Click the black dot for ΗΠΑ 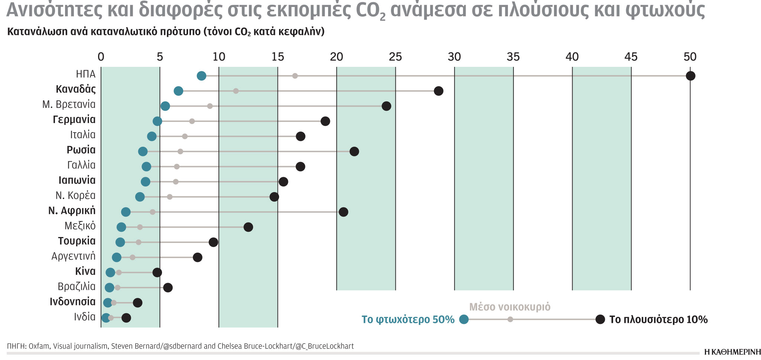click(690, 76)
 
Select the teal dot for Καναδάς click(178, 91)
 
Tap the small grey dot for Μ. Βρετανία click(210, 106)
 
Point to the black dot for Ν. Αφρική click(343, 212)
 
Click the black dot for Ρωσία click(354, 151)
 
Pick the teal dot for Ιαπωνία click(146, 182)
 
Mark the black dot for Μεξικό click(248, 227)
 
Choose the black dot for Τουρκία click(213, 242)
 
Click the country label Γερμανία click(74, 120)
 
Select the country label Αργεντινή click(74, 256)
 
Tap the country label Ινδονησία click(73, 302)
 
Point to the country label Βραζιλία click(77, 287)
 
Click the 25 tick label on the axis click(395, 57)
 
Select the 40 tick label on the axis click(572, 57)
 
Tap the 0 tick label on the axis click(101, 57)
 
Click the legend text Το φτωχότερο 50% click(408, 320)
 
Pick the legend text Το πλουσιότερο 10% click(658, 320)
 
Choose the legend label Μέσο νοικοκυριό click(510, 307)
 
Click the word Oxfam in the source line click(39, 346)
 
